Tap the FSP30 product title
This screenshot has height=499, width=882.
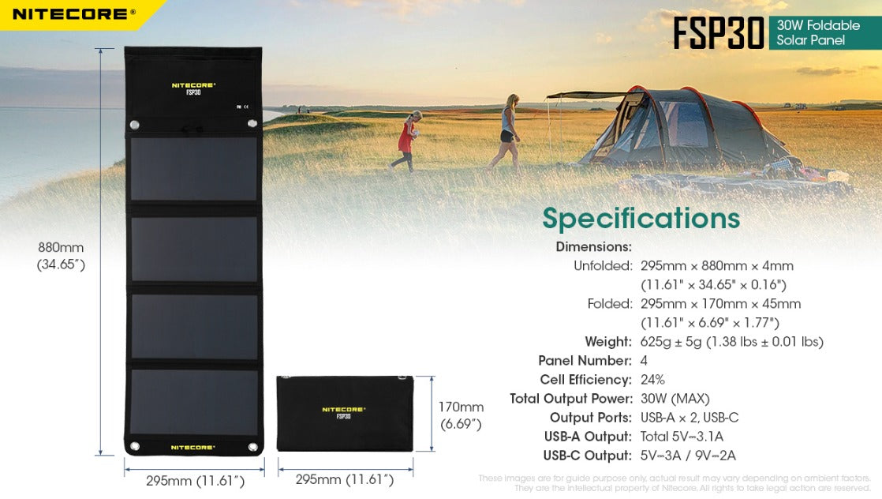pos(718,33)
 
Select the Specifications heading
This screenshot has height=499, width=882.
pos(641,218)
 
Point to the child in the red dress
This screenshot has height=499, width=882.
pos(407,141)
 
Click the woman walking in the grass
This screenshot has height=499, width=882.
pos(506,131)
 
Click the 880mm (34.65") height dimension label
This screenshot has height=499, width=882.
pos(61,256)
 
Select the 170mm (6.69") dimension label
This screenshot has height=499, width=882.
pos(461,415)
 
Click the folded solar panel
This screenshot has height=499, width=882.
pos(345,413)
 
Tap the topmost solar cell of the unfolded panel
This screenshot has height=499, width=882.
pos(193,169)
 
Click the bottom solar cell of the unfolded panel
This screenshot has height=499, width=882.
pos(193,402)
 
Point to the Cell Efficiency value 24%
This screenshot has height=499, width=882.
pos(652,380)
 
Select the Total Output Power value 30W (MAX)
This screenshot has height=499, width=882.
pos(675,399)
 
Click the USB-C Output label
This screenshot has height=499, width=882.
pos(587,456)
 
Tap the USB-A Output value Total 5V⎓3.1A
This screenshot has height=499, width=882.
pos(682,437)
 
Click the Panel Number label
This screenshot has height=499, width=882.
pos(585,361)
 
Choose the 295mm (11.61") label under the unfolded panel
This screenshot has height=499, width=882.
pos(195,480)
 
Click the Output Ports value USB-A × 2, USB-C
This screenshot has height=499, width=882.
pos(690,418)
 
